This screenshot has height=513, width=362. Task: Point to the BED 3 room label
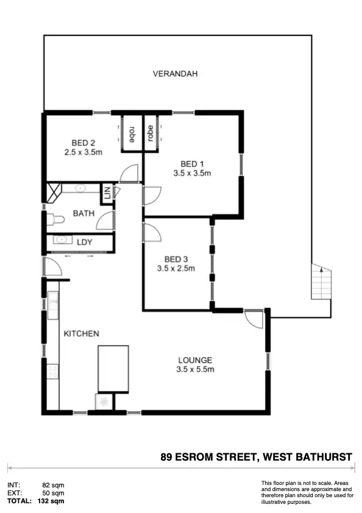coord(176,258)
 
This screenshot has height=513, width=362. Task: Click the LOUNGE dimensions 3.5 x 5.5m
coord(195,369)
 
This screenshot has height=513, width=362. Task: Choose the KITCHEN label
coord(82,333)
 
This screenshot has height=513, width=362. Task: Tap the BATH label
coord(83,213)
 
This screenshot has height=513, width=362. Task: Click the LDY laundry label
coord(85,242)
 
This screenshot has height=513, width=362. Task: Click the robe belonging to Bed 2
coord(131,132)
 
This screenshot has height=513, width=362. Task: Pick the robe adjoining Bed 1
coord(149,132)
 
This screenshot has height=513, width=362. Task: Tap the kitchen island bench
coord(113,368)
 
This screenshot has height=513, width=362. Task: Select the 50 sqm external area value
coord(53,493)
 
